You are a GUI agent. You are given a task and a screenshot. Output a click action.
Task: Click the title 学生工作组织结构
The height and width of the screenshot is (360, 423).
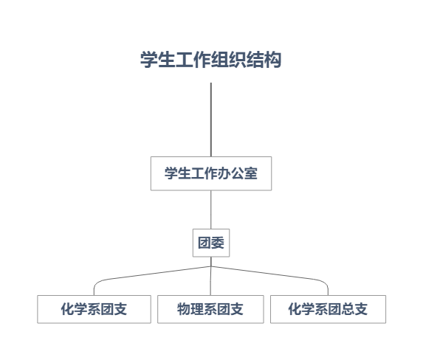(211, 60)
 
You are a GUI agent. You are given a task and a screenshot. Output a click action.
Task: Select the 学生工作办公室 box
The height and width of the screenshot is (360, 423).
(211, 173)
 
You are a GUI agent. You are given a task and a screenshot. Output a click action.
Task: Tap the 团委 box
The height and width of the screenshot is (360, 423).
(211, 243)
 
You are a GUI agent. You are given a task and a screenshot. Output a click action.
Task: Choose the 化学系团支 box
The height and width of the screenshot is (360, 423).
(94, 309)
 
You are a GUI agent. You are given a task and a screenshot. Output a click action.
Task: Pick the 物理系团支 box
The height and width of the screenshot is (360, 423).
(210, 309)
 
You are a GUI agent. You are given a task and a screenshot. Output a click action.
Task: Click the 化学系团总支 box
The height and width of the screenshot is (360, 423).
(328, 309)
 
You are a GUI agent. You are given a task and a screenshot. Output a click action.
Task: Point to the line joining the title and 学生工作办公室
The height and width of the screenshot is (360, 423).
(211, 120)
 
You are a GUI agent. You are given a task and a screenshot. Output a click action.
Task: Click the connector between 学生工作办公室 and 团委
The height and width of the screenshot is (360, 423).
(211, 210)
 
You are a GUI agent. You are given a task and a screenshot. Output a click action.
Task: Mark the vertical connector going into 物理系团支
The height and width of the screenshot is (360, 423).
(210, 280)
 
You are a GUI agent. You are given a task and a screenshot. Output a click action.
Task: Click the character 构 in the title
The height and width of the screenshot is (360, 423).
(272, 60)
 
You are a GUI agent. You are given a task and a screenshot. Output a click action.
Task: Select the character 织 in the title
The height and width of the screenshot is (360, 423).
(238, 60)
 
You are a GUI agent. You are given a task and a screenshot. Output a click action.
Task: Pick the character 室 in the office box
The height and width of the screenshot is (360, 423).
(250, 173)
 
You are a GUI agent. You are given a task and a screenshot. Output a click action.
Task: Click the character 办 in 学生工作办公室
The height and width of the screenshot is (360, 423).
(224, 173)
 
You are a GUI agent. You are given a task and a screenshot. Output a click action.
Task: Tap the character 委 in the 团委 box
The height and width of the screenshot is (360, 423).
(218, 243)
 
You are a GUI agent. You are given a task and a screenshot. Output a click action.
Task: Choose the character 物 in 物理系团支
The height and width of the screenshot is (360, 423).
(184, 309)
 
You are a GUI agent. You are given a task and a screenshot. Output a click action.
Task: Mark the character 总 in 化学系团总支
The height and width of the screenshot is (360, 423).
(348, 309)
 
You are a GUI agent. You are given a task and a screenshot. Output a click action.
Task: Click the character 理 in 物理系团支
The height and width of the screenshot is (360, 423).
(197, 309)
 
